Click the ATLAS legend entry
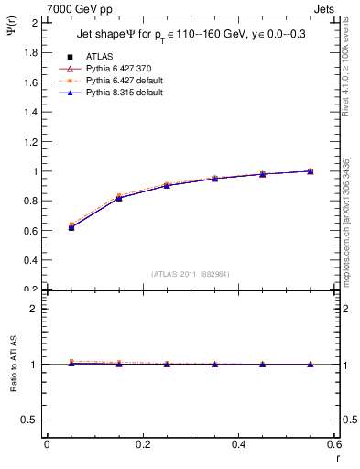(98, 56)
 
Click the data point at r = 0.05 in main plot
(71, 227)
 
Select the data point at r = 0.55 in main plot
(310, 171)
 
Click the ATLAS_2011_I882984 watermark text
(190, 275)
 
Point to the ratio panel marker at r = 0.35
(214, 365)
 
